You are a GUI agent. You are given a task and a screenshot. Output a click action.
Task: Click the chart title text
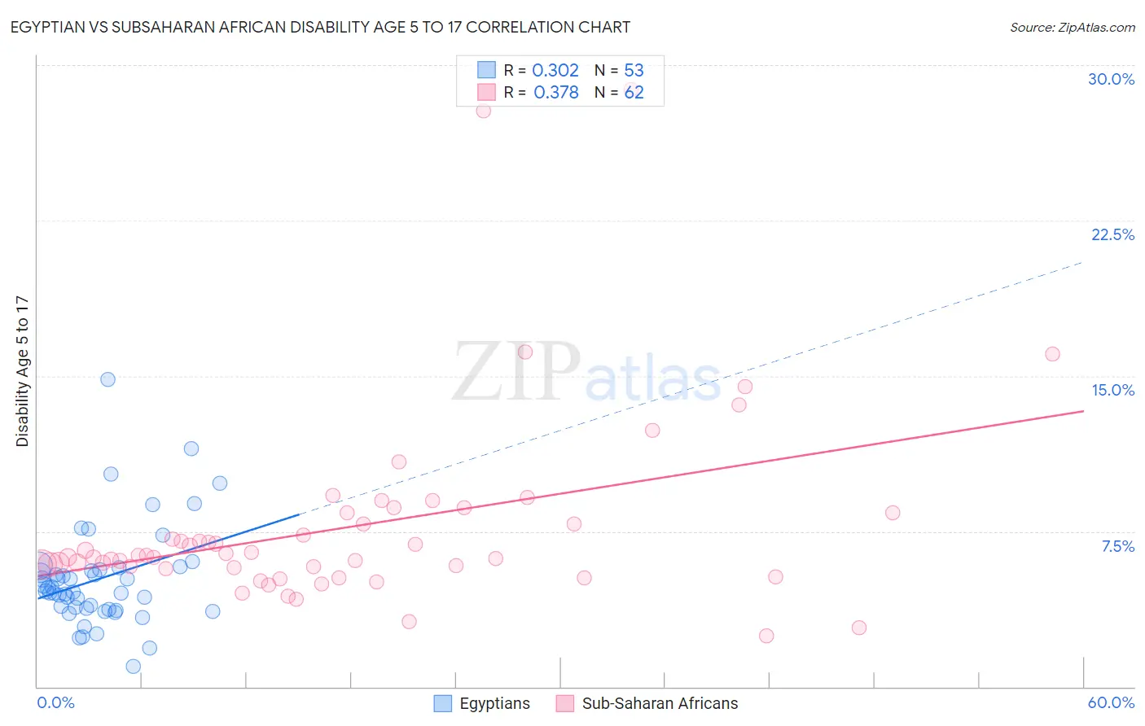[x=321, y=28]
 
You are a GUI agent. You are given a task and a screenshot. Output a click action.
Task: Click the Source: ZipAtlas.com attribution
[x=1072, y=28]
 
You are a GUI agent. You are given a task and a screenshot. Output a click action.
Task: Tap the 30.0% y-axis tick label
[x=1111, y=79]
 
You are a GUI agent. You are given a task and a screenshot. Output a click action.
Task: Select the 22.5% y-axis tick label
[x=1112, y=234]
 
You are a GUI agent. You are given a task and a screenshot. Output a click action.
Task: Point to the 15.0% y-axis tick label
[x=1112, y=390]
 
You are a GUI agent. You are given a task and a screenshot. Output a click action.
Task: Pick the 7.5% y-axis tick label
[x=1117, y=546]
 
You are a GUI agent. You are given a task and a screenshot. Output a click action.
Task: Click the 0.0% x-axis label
[x=55, y=702]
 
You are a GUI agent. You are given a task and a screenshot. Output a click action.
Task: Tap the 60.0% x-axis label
[x=1111, y=702]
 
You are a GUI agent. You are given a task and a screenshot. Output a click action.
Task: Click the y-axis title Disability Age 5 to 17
[x=23, y=371]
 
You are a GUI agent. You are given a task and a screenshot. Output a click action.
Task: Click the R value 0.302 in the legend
[x=555, y=71]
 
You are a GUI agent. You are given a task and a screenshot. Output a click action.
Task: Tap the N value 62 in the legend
[x=634, y=93]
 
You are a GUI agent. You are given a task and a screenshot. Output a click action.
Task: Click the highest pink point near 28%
[x=484, y=111]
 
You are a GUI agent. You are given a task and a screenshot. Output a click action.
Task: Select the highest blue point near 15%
[x=107, y=379]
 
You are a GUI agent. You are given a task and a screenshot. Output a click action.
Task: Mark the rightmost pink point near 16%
[x=1052, y=354]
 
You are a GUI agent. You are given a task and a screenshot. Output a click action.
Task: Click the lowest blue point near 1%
[x=134, y=667]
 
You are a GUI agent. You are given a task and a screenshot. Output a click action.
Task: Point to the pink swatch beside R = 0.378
[x=486, y=92]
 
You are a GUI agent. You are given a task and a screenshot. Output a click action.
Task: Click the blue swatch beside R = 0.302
[x=486, y=70]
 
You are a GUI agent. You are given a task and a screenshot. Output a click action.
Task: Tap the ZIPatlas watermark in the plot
[x=586, y=373]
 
